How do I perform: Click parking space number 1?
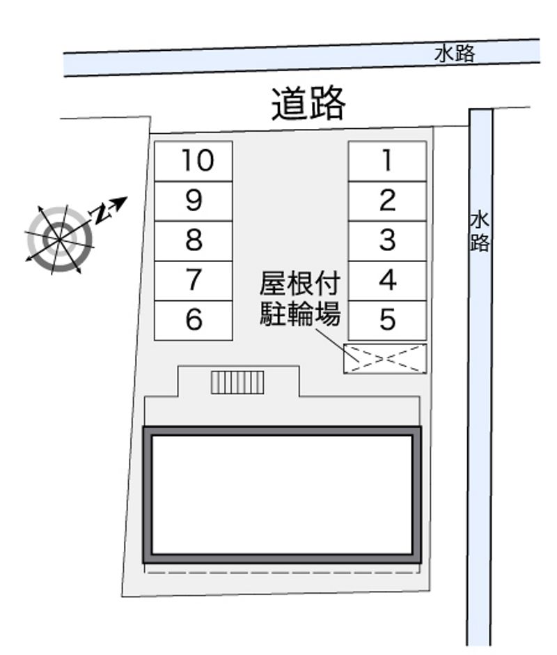click(x=388, y=161)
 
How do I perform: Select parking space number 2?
click(x=388, y=201)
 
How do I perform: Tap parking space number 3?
click(x=388, y=241)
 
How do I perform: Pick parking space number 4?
click(x=388, y=281)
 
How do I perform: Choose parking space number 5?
click(x=388, y=321)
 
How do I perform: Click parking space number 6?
click(x=194, y=321)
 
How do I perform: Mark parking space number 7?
click(x=194, y=281)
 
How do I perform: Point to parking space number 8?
click(x=194, y=241)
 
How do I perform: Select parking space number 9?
click(x=194, y=201)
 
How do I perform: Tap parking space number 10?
click(x=194, y=161)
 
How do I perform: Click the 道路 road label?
click(x=308, y=104)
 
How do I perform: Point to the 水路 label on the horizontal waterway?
click(x=455, y=54)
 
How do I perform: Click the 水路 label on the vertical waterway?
click(x=480, y=232)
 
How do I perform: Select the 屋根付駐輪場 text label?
click(x=300, y=298)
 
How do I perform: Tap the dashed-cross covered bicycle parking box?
click(x=385, y=358)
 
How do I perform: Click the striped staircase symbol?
click(x=237, y=383)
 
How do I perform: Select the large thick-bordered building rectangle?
click(x=282, y=495)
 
